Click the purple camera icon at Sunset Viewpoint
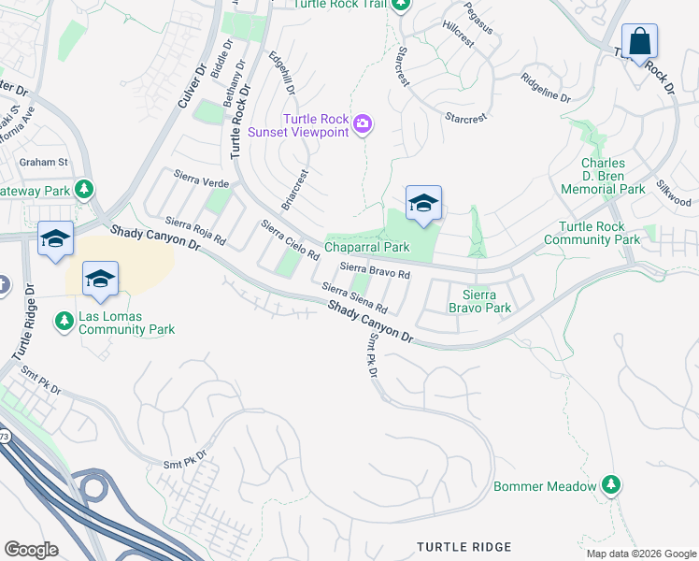click(364, 124)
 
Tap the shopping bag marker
click(639, 42)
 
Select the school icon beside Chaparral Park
click(423, 203)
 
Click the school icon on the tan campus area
click(100, 279)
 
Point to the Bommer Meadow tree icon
click(611, 485)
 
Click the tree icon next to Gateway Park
click(85, 191)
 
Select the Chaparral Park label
click(367, 248)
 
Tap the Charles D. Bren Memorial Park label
click(603, 176)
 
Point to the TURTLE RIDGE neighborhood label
click(464, 547)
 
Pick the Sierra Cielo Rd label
click(290, 239)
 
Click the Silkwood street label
click(674, 194)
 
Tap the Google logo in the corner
click(32, 550)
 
